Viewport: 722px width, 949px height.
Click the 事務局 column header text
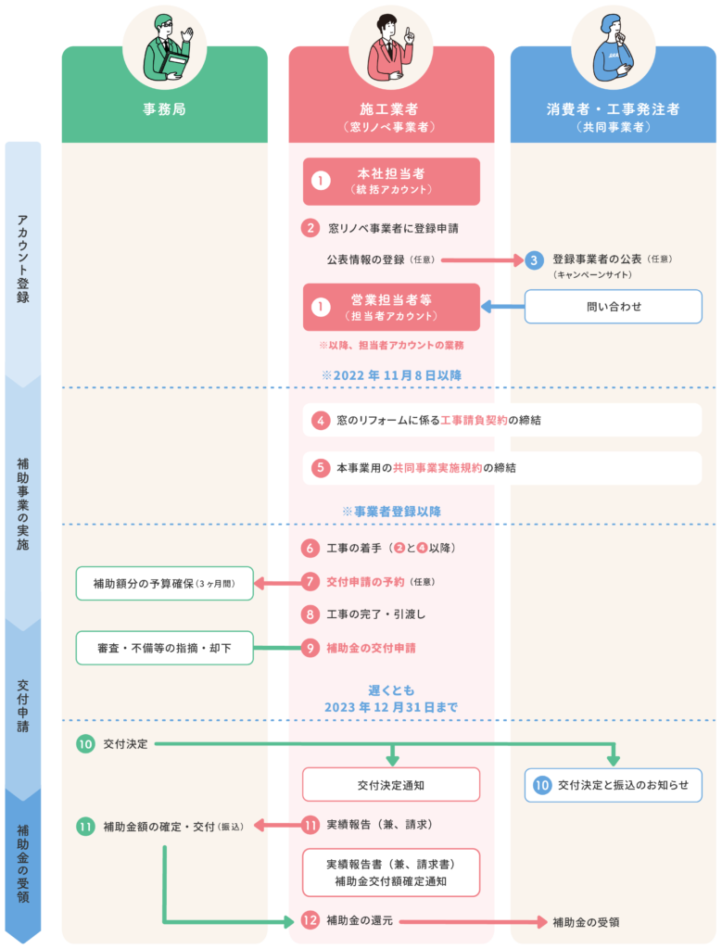click(164, 109)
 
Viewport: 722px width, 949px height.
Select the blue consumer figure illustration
click(613, 48)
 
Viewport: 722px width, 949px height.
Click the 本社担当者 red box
click(391, 181)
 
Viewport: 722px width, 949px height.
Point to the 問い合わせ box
click(613, 306)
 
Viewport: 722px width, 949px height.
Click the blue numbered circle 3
click(533, 260)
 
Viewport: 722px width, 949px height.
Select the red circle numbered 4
click(320, 420)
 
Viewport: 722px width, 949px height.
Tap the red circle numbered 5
click(320, 467)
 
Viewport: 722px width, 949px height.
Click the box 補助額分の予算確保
click(164, 584)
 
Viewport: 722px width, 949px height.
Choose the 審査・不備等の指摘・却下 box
click(164, 648)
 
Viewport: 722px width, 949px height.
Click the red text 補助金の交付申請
click(371, 648)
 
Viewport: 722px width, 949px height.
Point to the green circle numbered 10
click(85, 744)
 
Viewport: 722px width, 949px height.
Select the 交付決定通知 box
click(391, 785)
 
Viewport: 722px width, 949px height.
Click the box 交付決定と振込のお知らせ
click(613, 785)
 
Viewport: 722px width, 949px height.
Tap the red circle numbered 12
click(310, 920)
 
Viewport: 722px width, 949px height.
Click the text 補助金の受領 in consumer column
click(586, 922)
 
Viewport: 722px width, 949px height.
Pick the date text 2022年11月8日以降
click(391, 375)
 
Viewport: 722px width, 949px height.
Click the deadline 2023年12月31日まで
click(391, 707)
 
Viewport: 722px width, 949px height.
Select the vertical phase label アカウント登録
click(23, 259)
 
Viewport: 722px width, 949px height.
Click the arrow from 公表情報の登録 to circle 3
click(482, 260)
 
